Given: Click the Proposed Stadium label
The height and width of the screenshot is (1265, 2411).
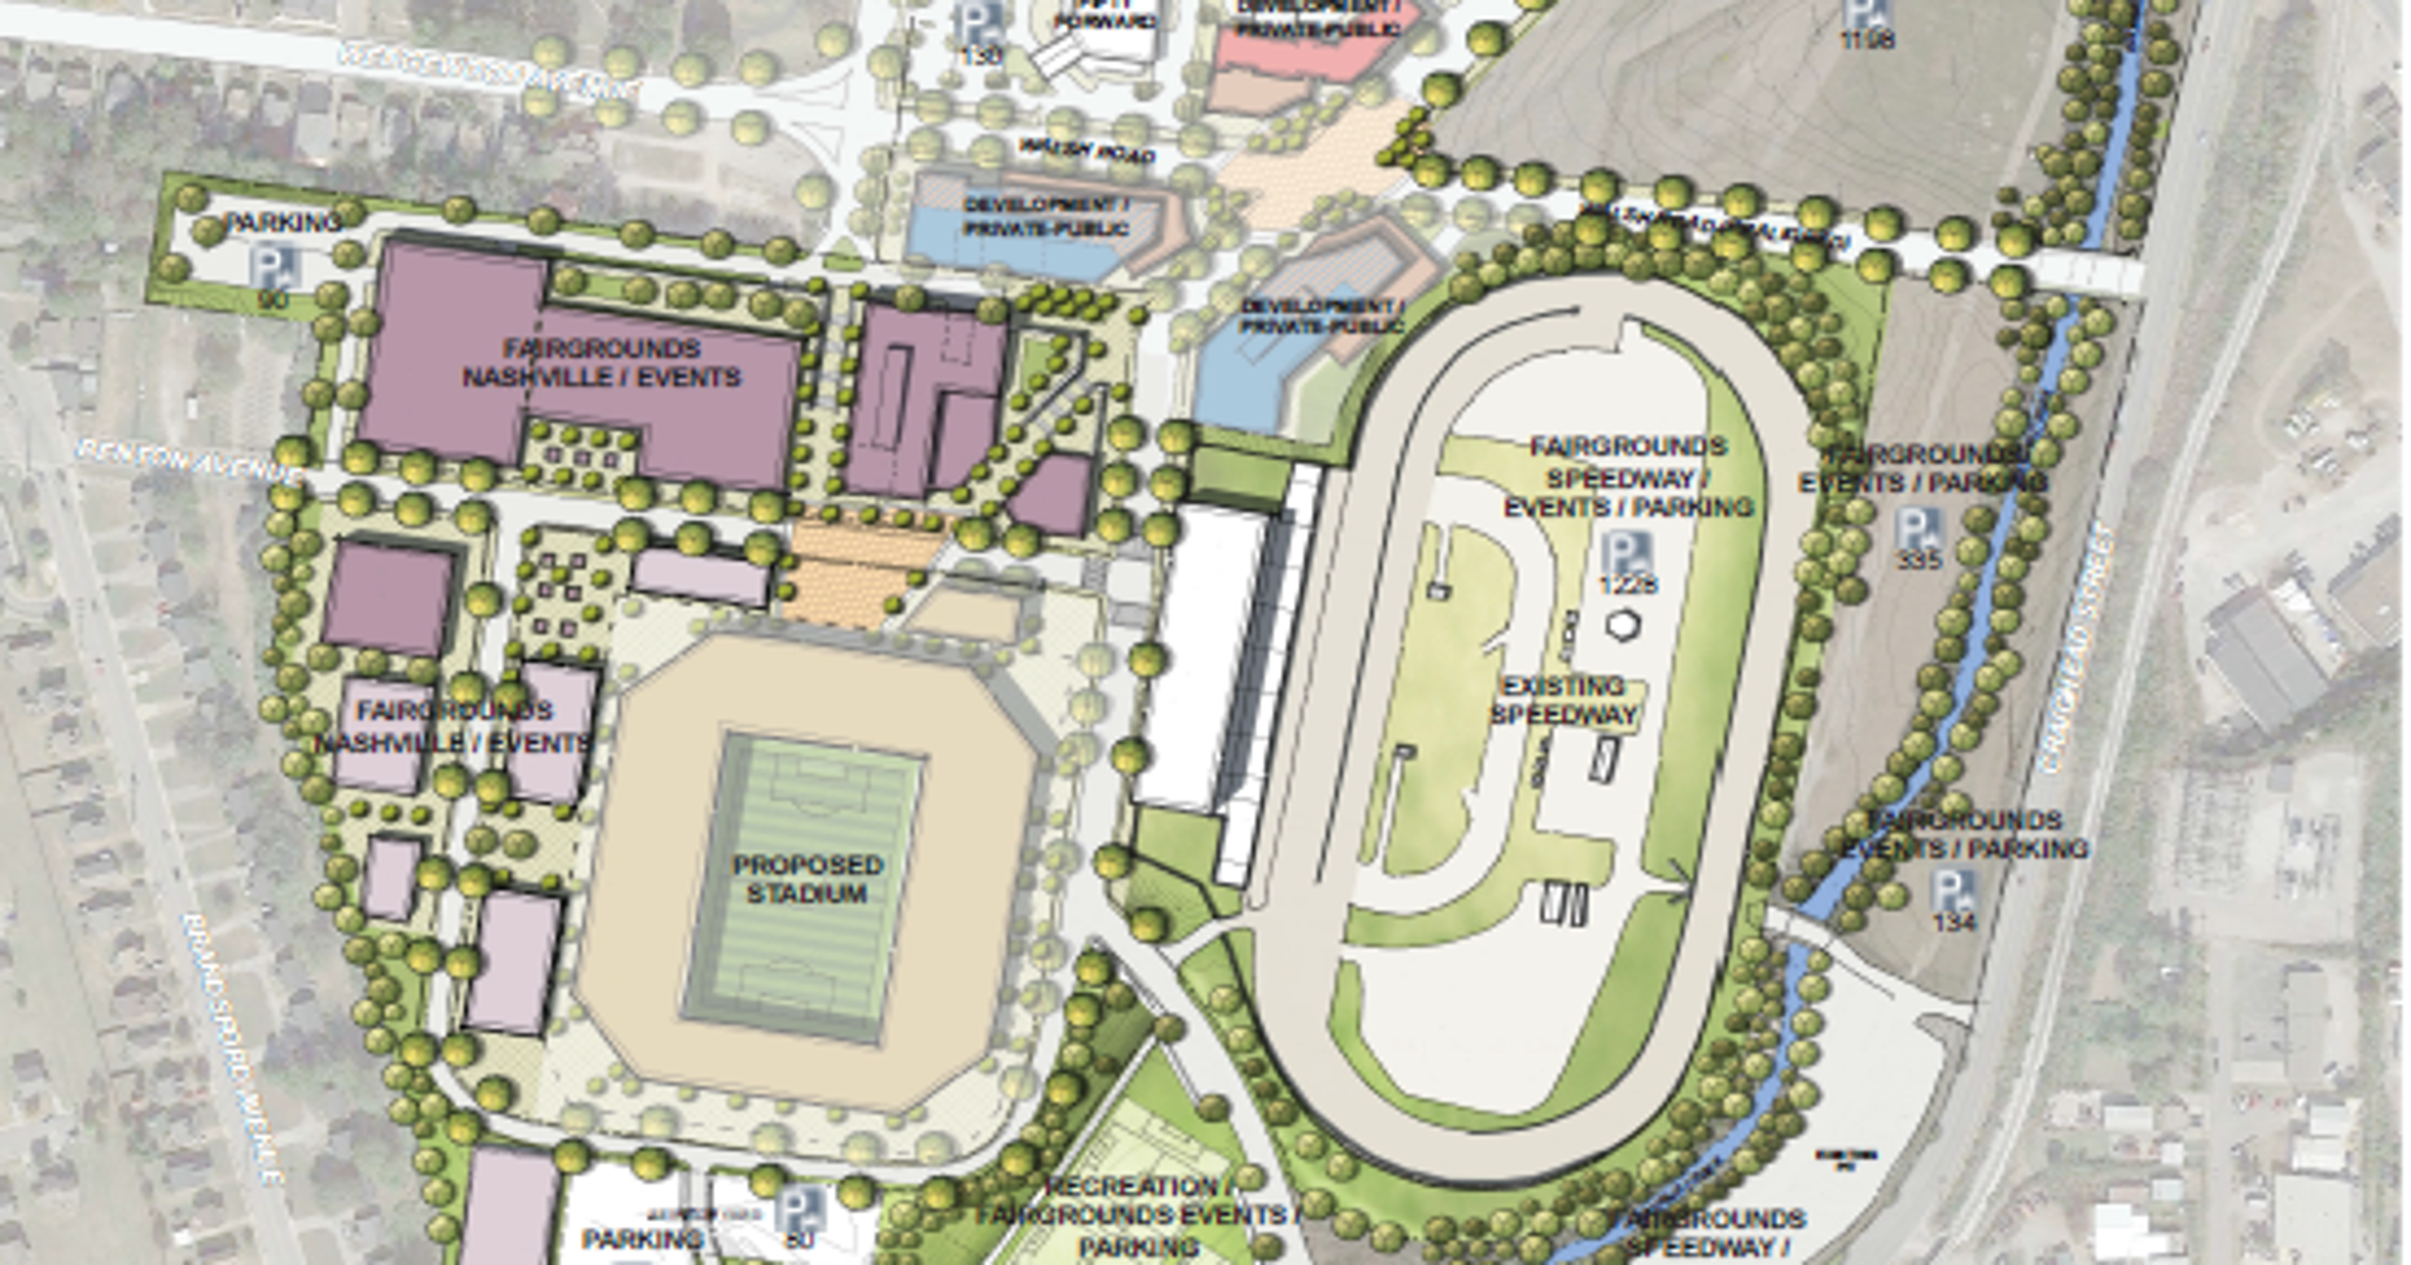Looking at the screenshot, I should [807, 879].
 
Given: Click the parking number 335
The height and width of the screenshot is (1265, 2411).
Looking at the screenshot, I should [1920, 559].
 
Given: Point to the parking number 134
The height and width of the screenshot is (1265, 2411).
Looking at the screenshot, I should [1954, 921].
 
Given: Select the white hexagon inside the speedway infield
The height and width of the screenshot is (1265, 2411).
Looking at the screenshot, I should [1622, 625].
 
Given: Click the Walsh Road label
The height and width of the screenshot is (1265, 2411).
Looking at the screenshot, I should [1086, 151].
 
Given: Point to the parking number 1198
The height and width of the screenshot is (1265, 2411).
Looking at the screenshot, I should [1867, 39].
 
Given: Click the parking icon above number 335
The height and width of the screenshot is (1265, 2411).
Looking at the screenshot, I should [1917, 528].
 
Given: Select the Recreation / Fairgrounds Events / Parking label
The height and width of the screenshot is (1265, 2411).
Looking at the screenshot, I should [1137, 1216].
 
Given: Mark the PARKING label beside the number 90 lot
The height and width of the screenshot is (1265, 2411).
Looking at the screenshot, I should [283, 223].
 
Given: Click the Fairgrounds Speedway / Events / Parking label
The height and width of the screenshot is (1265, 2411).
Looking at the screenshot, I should [1628, 477].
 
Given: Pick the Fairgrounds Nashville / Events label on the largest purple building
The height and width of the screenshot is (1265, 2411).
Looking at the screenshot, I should [601, 363].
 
